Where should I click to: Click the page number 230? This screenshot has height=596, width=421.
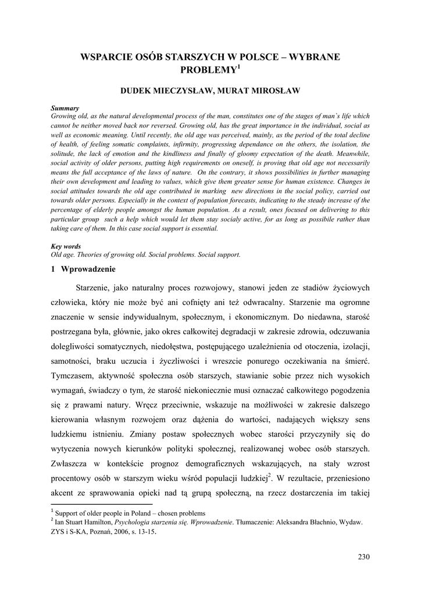point(363,557)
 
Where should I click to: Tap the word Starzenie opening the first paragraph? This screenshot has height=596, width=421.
point(94,288)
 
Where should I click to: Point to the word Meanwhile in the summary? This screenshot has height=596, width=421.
point(347,153)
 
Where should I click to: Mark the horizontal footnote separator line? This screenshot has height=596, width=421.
point(102,504)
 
